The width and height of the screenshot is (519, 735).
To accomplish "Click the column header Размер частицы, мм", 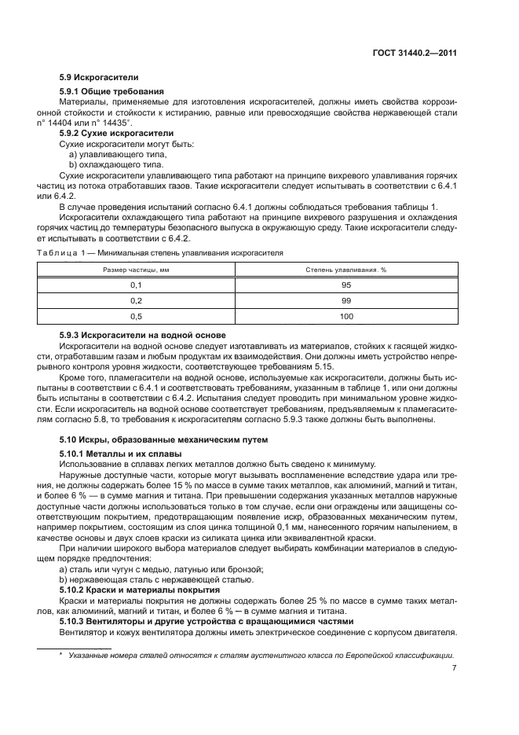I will [x=136, y=270].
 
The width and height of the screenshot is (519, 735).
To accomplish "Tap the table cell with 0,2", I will [x=136, y=300].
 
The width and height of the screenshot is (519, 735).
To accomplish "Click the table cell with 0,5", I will [x=136, y=316].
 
